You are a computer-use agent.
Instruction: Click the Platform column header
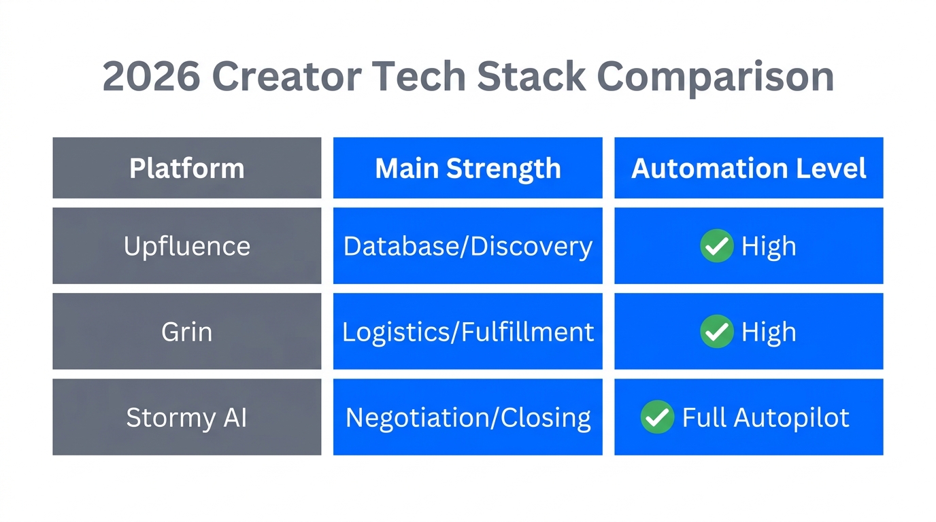(186, 168)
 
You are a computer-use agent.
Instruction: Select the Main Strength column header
(467, 168)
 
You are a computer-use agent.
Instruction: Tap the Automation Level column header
(748, 168)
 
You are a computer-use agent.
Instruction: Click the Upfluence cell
(186, 245)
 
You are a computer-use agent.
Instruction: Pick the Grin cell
(186, 332)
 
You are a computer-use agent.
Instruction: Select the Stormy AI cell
(186, 417)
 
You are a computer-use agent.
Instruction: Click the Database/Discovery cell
(467, 245)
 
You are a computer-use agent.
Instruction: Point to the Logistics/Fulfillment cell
(467, 332)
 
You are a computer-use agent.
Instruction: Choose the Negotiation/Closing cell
(467, 417)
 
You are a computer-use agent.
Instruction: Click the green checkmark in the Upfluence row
(716, 246)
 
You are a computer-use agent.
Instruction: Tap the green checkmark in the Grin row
(716, 332)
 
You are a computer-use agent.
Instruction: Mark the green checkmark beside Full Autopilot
(657, 417)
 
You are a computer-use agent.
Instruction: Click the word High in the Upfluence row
(769, 246)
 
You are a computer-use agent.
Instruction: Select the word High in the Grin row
(769, 332)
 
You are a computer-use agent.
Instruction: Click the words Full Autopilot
(765, 417)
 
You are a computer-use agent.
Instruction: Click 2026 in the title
(151, 76)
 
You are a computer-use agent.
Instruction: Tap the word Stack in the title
(531, 76)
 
